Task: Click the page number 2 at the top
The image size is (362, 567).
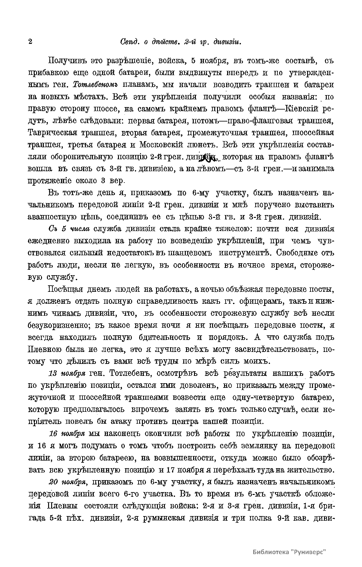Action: click(30, 41)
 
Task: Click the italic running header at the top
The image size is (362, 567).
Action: click(181, 42)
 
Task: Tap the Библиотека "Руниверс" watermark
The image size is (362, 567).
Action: click(289, 551)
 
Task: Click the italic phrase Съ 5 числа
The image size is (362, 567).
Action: click(69, 229)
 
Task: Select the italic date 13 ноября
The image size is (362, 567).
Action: click(67, 373)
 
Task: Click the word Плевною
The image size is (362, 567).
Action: click(45, 349)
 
